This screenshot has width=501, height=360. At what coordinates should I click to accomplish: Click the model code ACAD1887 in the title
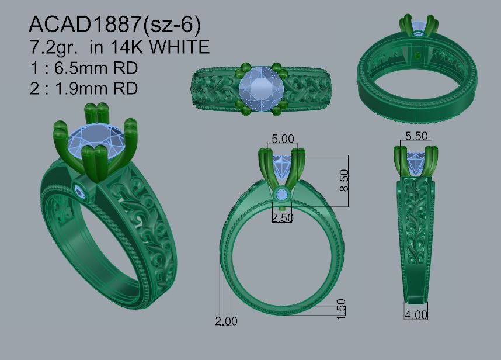(x=85, y=24)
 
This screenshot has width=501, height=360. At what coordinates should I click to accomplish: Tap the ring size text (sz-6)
(x=172, y=25)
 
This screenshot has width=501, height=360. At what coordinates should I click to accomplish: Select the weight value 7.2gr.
(x=54, y=47)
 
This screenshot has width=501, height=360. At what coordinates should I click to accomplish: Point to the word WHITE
(x=180, y=47)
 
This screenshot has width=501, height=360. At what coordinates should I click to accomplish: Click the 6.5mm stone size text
(x=96, y=68)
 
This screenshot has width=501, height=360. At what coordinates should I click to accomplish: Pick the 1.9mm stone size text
(x=96, y=88)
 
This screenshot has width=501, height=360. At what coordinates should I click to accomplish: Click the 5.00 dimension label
(x=283, y=139)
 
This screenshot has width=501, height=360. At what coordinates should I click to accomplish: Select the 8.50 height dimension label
(x=344, y=181)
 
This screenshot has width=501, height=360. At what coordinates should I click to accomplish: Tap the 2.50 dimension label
(x=282, y=218)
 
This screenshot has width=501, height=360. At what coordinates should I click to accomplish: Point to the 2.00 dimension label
(x=226, y=321)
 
